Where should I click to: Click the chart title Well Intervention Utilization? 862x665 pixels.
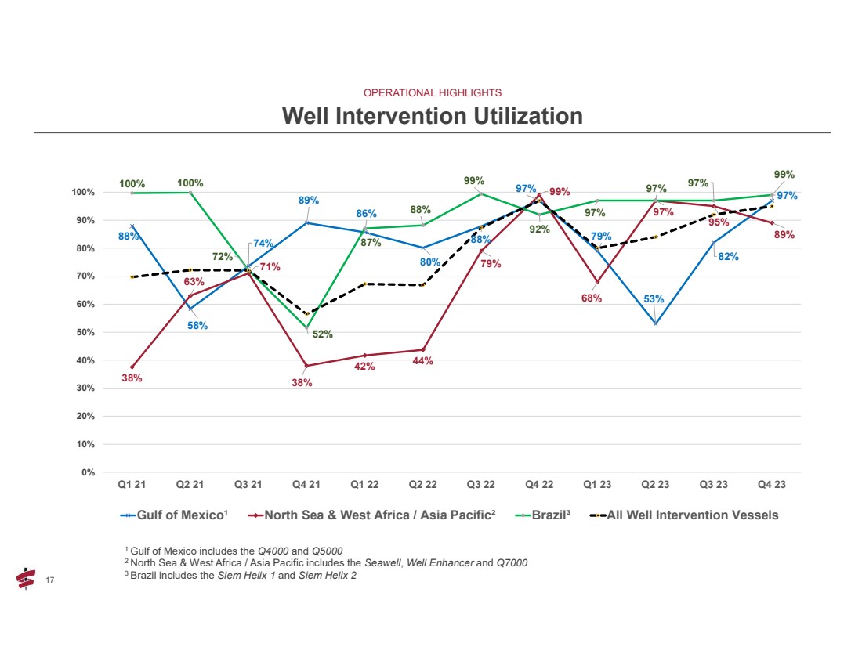pos(432,116)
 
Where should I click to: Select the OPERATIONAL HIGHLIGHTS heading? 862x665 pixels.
pos(432,92)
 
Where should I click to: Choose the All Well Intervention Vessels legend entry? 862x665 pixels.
pos(693,515)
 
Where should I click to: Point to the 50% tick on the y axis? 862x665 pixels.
pos(85,332)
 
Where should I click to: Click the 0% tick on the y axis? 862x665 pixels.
pos(87,472)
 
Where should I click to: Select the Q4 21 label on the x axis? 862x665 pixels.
pos(306,485)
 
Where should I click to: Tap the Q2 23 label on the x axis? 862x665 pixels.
pos(655,485)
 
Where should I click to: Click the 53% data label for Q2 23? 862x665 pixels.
pos(654,299)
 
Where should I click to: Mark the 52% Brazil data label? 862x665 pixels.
pos(323,334)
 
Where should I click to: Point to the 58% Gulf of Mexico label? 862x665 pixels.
pos(197,326)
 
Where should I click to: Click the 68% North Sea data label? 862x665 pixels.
pos(592,298)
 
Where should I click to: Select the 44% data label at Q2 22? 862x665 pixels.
pos(422,361)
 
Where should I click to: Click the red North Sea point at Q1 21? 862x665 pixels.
pos(132,367)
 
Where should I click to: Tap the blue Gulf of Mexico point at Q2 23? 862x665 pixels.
pos(655,323)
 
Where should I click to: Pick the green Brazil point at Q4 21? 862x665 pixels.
pos(306,327)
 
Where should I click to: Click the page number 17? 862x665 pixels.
pos(49,580)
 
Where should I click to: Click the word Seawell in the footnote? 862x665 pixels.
pos(379,562)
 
